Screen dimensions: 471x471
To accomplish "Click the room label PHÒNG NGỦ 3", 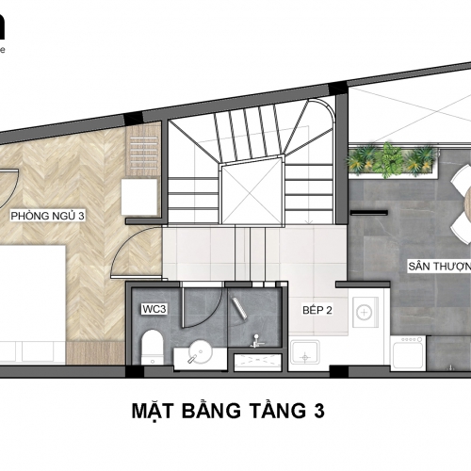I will (x=48, y=217).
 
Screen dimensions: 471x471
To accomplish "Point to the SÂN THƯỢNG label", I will (x=438, y=267).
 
